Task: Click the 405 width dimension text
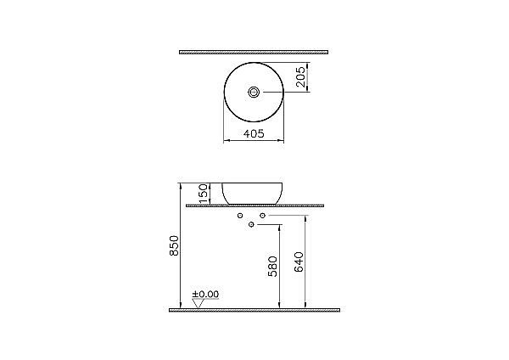[x=255, y=133]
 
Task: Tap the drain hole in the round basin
[x=255, y=91]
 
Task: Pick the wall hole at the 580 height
[x=253, y=226]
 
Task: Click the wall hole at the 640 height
[x=263, y=216]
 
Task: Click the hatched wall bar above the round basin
[x=255, y=52]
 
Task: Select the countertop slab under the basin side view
[x=255, y=206]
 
